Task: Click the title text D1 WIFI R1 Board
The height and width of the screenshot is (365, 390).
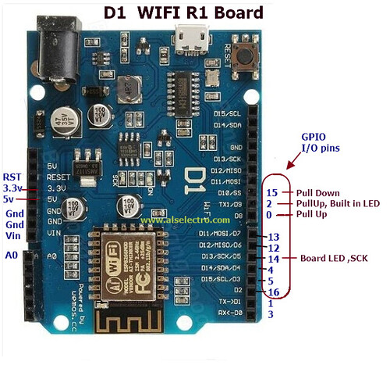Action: (x=183, y=13)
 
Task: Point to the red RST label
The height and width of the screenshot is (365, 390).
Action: (x=12, y=177)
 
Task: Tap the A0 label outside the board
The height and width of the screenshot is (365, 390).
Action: (x=11, y=255)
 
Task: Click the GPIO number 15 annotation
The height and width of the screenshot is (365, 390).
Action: (x=271, y=192)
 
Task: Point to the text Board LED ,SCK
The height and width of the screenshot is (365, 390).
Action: (x=333, y=259)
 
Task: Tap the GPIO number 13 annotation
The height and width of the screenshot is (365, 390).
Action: (x=273, y=237)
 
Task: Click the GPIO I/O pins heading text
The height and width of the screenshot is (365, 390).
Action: (x=320, y=141)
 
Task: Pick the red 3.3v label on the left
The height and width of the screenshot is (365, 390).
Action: (x=12, y=188)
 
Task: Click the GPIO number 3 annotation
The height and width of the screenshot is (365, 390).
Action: (x=270, y=314)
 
